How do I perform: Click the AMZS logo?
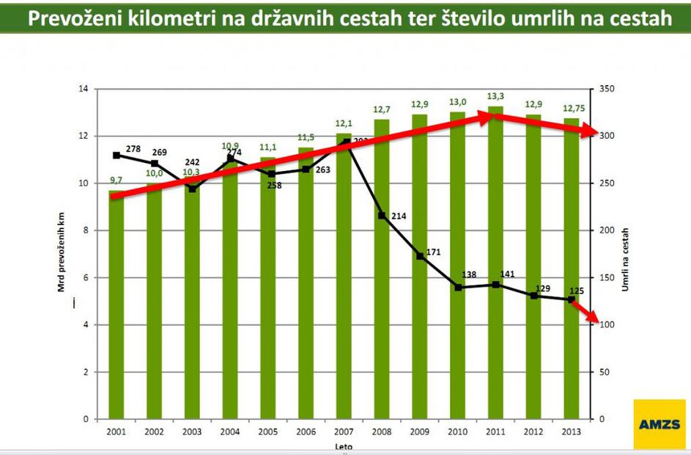[x=659, y=424]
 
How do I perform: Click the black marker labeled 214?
[x=382, y=216]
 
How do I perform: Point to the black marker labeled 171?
[x=420, y=256]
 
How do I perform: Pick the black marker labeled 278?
[x=117, y=156]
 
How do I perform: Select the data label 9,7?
[x=117, y=181]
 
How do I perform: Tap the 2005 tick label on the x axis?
[x=268, y=431]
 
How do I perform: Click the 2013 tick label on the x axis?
[x=572, y=431]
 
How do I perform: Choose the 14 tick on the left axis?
[x=83, y=89]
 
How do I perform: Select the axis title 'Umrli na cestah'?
[x=625, y=253]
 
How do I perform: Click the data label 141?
[x=508, y=274]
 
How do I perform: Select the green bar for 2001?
[x=117, y=308]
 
